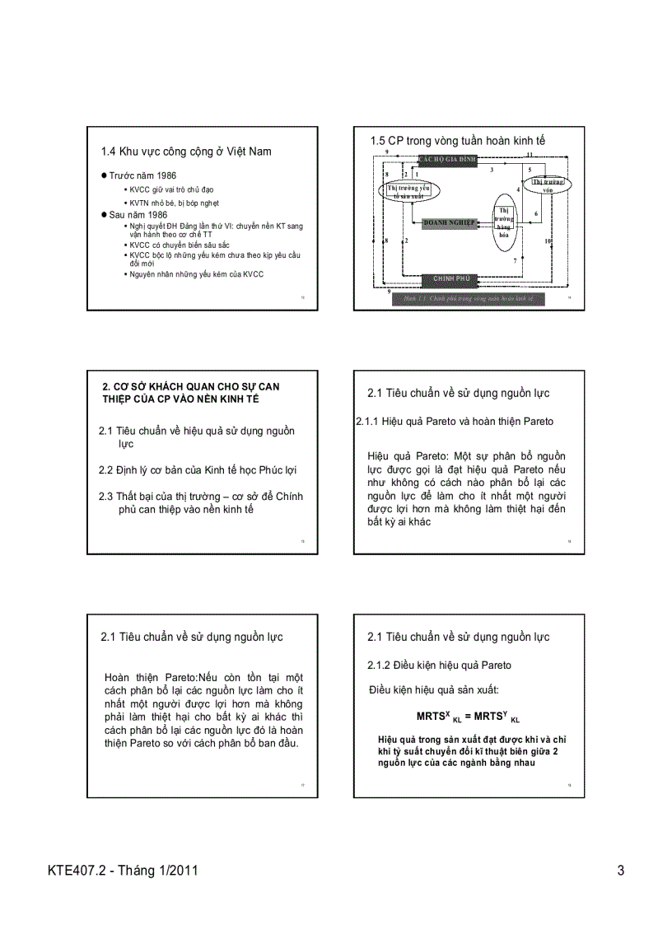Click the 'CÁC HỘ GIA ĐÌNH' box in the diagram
point(446,159)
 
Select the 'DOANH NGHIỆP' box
point(449,222)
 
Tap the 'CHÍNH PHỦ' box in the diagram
point(450,278)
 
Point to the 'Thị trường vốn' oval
point(547,185)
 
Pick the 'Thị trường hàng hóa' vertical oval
point(504,222)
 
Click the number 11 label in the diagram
point(530,154)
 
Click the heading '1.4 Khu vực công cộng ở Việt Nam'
point(185,151)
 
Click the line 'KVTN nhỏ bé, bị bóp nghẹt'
point(174,203)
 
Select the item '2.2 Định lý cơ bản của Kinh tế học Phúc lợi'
point(198,470)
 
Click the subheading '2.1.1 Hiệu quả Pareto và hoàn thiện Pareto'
point(455,421)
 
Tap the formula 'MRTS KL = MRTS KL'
point(468,717)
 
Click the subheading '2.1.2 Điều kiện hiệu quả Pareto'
point(439,665)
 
